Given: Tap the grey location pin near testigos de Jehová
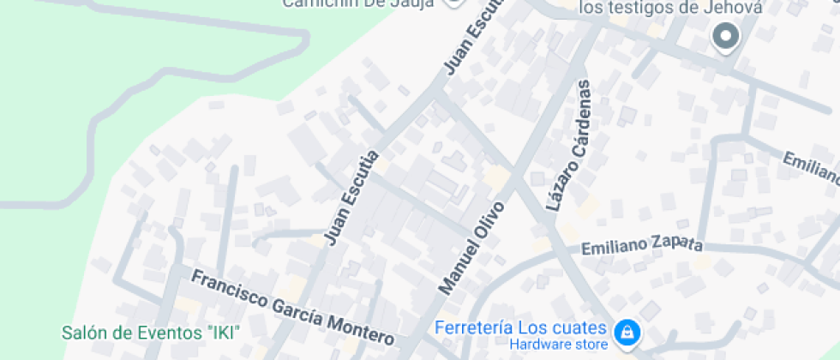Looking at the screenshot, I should pyautogui.click(x=726, y=37).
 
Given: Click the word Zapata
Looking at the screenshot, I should pyautogui.click(x=673, y=243).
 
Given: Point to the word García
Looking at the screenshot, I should pyautogui.click(x=297, y=313).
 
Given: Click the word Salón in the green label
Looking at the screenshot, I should pyautogui.click(x=83, y=332).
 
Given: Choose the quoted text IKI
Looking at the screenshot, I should pyautogui.click(x=220, y=332).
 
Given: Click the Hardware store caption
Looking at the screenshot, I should pyautogui.click(x=559, y=345).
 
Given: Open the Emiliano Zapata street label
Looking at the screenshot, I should pyautogui.click(x=642, y=246).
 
